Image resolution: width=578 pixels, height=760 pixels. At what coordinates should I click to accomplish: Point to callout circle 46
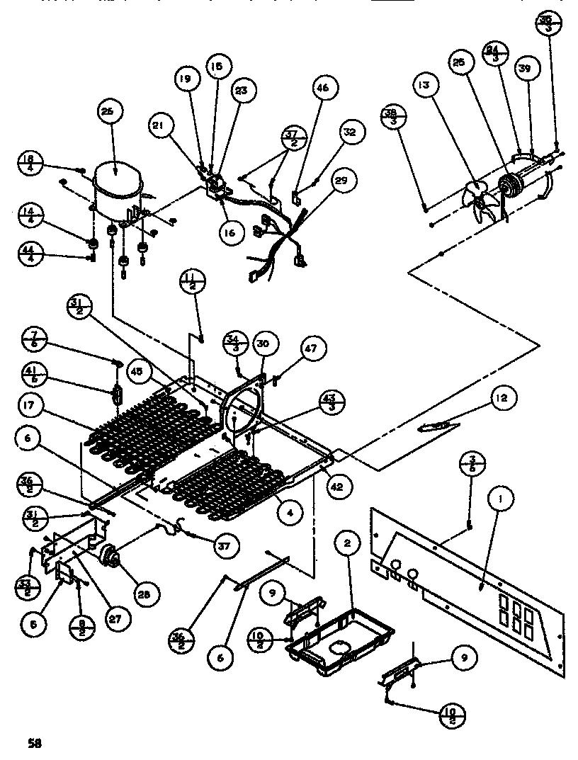click(x=322, y=89)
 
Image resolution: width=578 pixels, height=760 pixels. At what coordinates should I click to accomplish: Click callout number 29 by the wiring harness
click(x=341, y=181)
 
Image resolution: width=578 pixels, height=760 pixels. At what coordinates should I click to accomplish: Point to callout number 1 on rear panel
click(x=501, y=500)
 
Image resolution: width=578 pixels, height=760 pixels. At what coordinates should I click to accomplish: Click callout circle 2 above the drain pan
click(x=347, y=544)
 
